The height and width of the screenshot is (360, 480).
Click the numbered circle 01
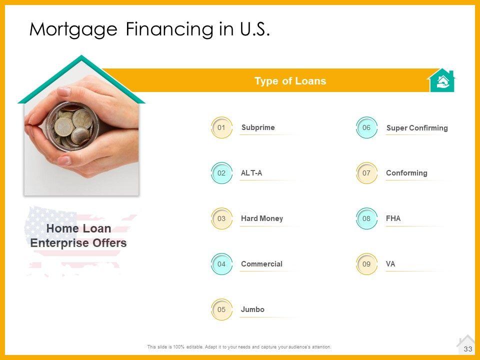pos(221,127)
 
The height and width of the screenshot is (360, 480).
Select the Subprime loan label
pos(258,127)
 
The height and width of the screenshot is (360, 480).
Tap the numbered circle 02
pos(221,173)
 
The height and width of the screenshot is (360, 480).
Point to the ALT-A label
pos(251,173)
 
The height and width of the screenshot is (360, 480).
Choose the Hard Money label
pos(261,218)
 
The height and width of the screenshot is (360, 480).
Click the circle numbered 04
pos(221,264)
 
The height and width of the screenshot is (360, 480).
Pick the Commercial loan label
pos(261,264)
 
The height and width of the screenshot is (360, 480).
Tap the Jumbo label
pos(252,309)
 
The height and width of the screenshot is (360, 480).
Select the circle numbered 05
pos(221,309)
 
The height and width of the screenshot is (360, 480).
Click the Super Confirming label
pos(417,128)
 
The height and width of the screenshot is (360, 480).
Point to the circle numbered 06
pos(366,127)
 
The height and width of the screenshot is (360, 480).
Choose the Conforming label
pos(406,173)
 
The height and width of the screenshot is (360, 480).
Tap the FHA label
pos(393,218)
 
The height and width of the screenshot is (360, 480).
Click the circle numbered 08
pos(366,218)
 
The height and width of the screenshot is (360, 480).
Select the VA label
pos(390,264)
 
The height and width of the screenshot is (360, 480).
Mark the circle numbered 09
pos(366,264)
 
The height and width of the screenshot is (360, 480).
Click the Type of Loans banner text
pos(290,81)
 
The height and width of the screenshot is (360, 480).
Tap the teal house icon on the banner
pos(441,80)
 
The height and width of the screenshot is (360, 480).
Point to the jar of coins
pos(73,126)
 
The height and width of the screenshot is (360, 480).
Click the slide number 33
pos(468,349)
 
